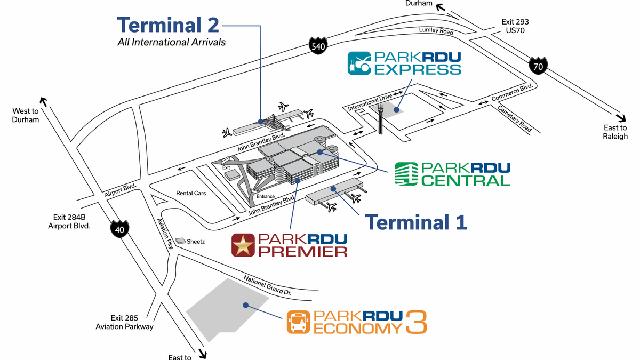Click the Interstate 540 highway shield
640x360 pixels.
click(x=318, y=46)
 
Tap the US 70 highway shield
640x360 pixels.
click(x=538, y=66)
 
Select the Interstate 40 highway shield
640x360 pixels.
click(x=119, y=229)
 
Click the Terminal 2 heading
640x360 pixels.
click(x=168, y=25)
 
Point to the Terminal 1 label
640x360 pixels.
click(x=415, y=222)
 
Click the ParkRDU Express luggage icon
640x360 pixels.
click(x=359, y=63)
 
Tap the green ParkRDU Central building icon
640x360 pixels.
click(x=406, y=174)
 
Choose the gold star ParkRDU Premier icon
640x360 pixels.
click(x=243, y=245)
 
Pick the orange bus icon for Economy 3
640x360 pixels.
click(x=298, y=322)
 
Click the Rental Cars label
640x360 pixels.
click(x=191, y=193)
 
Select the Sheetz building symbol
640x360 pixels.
click(x=180, y=241)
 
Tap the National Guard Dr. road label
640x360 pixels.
click(x=267, y=285)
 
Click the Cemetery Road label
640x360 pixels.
click(x=515, y=118)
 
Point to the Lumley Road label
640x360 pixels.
click(x=436, y=30)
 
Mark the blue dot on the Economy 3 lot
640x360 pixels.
click(x=245, y=305)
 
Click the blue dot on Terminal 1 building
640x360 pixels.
click(x=333, y=189)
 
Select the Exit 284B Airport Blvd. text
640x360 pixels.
click(x=69, y=221)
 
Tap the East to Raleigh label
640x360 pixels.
click(x=615, y=132)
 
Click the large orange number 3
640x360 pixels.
click(x=416, y=322)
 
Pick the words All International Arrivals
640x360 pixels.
click(x=171, y=42)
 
